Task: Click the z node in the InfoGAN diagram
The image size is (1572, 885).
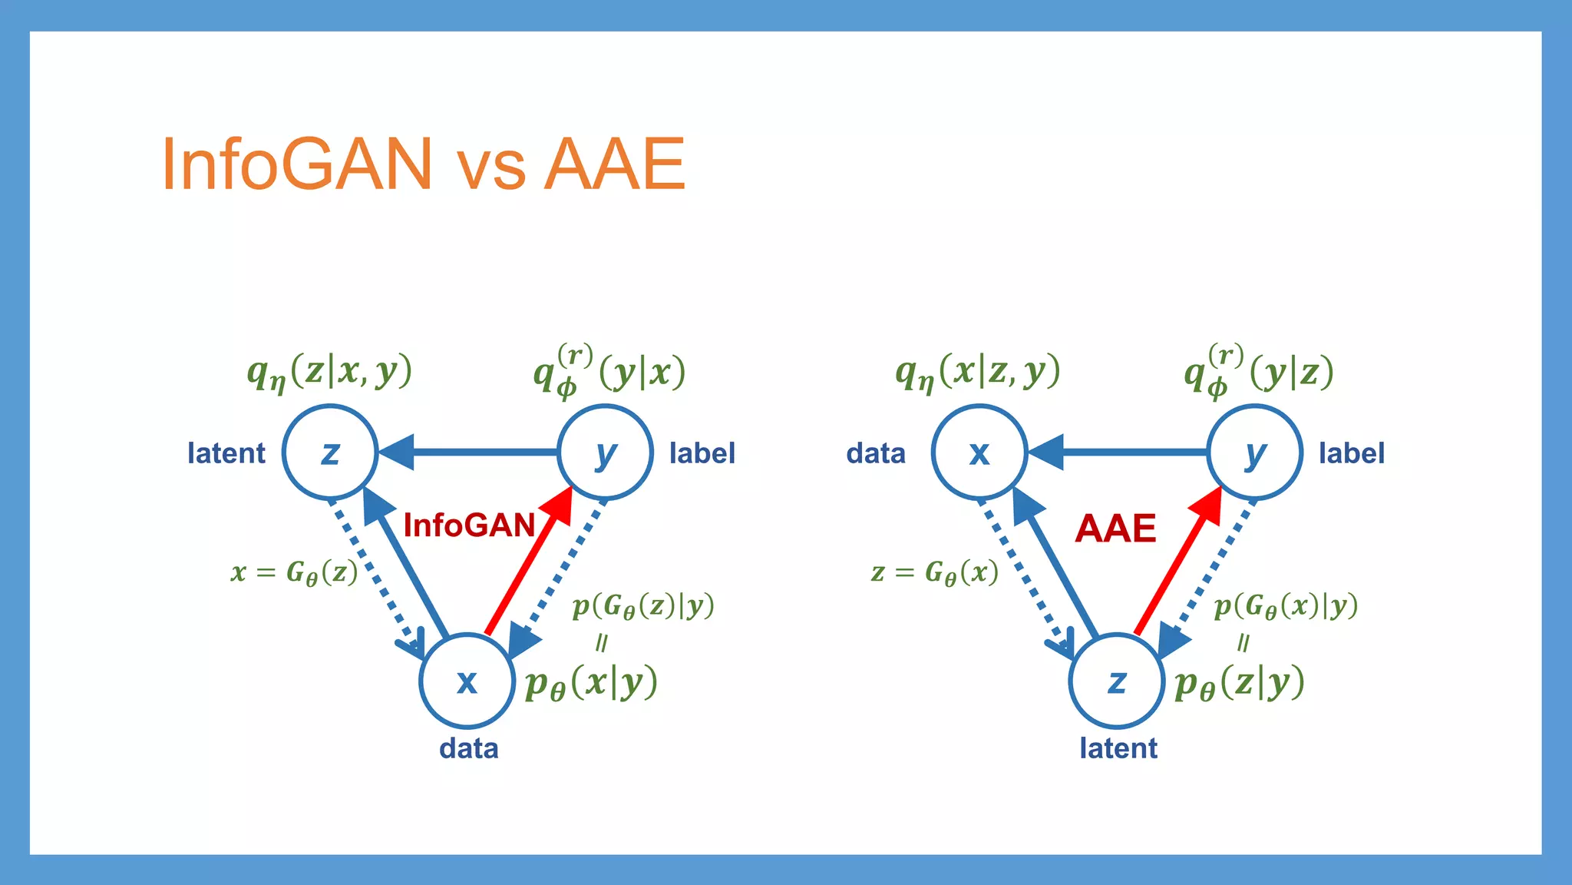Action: pyautogui.click(x=330, y=452)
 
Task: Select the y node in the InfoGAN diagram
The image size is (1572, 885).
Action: pyautogui.click(x=605, y=452)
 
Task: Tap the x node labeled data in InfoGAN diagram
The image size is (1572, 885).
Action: pyautogui.click(x=467, y=681)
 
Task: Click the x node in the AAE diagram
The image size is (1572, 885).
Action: pyautogui.click(x=979, y=452)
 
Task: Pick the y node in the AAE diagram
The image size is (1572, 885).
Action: pyautogui.click(x=1254, y=452)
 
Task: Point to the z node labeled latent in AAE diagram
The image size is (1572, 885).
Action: pyautogui.click(x=1117, y=681)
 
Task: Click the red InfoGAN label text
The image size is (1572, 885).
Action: pyautogui.click(x=469, y=526)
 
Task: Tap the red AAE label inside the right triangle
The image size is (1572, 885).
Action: pyautogui.click(x=1115, y=529)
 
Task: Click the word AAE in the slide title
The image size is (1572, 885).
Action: pyautogui.click(x=614, y=164)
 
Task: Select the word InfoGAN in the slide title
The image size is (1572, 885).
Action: pyautogui.click(x=298, y=164)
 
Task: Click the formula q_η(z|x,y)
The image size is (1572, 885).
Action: pyautogui.click(x=329, y=372)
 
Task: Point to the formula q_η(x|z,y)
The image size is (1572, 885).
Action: pyautogui.click(x=978, y=372)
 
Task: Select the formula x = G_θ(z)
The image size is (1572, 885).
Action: pyautogui.click(x=295, y=573)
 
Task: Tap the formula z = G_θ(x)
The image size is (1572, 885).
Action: pyautogui.click(x=935, y=573)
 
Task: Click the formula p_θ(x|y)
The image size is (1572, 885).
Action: pyautogui.click(x=591, y=682)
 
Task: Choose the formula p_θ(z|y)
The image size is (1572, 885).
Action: pyautogui.click(x=1240, y=682)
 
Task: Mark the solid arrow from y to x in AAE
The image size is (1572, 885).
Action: pyautogui.click(x=1121, y=452)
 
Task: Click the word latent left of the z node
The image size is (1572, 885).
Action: pyautogui.click(x=226, y=453)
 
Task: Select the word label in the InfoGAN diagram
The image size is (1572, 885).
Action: pyautogui.click(x=702, y=453)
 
